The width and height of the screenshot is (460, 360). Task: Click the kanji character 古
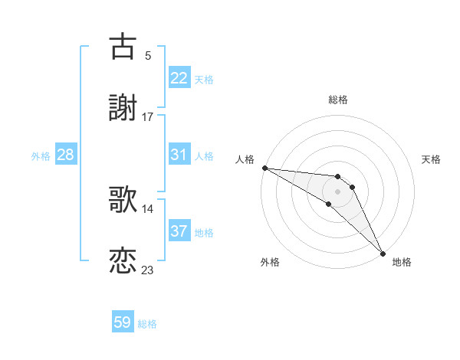click(x=123, y=46)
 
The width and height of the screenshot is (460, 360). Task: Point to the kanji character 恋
click(x=123, y=261)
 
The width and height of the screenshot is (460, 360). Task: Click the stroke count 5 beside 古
click(x=147, y=55)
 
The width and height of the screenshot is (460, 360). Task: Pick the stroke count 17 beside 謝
click(x=147, y=117)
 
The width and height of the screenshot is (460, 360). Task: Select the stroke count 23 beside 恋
click(x=147, y=270)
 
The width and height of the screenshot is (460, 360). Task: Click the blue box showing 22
click(x=179, y=78)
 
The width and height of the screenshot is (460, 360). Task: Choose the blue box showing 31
click(x=179, y=155)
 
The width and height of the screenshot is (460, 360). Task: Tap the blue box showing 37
click(x=179, y=231)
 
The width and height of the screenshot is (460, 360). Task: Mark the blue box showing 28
click(x=66, y=155)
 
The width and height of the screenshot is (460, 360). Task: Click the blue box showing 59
click(x=123, y=322)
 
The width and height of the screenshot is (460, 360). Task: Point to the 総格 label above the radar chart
click(x=338, y=100)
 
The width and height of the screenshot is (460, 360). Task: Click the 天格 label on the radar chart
click(x=432, y=159)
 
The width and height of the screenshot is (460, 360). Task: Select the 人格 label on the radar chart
click(x=244, y=159)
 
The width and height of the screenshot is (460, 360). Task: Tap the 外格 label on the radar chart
click(x=270, y=262)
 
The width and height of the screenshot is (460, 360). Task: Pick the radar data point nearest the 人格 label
click(x=264, y=168)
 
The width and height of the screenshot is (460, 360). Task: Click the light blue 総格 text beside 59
click(x=147, y=323)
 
